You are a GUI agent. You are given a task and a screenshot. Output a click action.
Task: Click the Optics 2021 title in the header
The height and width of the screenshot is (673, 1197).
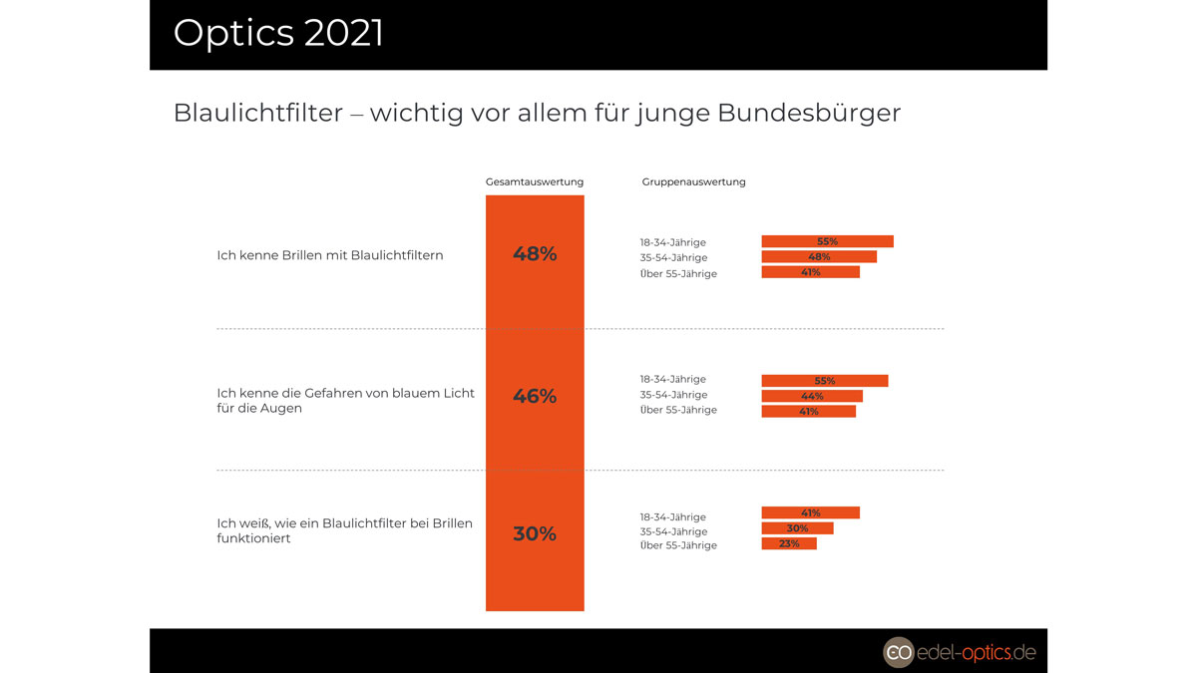(278, 33)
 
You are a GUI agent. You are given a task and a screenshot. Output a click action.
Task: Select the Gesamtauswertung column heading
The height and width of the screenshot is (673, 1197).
(535, 182)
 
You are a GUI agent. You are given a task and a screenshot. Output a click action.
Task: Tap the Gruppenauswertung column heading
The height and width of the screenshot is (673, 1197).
(693, 182)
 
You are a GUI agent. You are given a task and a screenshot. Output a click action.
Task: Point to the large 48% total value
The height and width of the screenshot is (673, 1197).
(535, 254)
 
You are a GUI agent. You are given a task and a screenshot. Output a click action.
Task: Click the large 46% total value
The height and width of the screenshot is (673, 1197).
(535, 397)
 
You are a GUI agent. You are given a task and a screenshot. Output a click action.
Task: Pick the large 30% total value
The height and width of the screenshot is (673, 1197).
(535, 534)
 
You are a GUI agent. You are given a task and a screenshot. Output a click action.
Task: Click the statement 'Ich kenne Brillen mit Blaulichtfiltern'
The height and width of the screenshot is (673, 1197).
(330, 255)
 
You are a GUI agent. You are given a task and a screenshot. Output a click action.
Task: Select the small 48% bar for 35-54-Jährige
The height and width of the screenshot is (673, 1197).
(819, 257)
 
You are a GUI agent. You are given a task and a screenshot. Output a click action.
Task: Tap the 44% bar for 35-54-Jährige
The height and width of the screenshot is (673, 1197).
(812, 396)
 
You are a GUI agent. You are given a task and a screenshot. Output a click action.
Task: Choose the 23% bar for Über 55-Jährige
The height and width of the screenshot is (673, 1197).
(789, 543)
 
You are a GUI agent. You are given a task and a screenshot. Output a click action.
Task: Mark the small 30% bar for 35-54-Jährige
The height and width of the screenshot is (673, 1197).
(797, 528)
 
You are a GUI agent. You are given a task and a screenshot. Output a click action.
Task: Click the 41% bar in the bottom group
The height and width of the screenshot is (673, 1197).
(810, 512)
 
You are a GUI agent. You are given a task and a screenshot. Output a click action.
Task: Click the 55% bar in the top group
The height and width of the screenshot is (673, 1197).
(827, 241)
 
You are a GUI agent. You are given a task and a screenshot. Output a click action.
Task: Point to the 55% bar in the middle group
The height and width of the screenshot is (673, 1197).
(824, 381)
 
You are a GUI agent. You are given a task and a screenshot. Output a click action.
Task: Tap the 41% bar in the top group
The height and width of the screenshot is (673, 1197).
(810, 272)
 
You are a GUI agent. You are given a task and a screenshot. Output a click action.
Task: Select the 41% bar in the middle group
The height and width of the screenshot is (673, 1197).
(808, 411)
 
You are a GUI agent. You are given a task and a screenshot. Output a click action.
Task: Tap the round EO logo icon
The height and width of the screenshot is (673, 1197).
(898, 652)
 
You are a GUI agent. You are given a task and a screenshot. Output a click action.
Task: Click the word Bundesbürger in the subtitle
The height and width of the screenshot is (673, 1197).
(809, 113)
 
